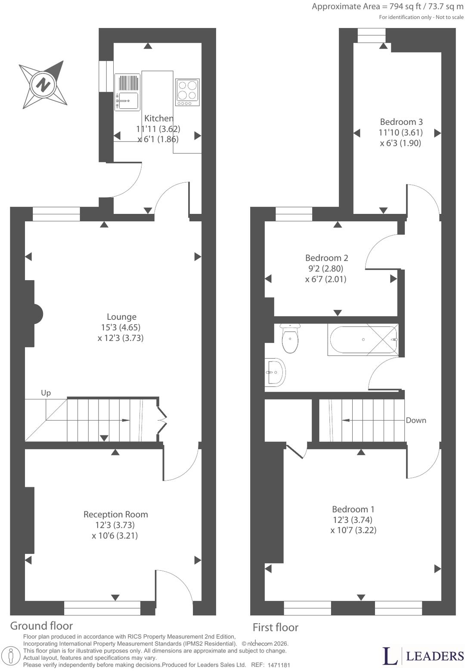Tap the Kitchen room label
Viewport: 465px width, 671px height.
[159, 118]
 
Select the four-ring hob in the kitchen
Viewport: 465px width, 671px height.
[187, 92]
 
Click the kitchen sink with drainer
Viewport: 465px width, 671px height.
[127, 92]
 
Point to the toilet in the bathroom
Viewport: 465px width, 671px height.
[290, 338]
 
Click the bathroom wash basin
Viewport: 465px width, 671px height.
[275, 372]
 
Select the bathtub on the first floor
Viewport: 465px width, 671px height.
[363, 340]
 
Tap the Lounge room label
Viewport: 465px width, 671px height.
[122, 317]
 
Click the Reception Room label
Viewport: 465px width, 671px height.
[116, 515]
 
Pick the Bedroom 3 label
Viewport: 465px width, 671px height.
[401, 122]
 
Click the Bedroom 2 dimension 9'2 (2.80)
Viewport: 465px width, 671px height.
[324, 269]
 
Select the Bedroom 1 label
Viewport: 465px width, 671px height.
[353, 509]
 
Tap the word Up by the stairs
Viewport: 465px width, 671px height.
[46, 393]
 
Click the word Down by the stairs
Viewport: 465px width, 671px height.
[416, 420]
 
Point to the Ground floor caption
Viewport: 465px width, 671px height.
[41, 626]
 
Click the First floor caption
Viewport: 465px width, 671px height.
[276, 628]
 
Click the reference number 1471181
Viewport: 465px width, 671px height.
[279, 665]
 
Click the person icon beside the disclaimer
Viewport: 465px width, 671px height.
[11, 656]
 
